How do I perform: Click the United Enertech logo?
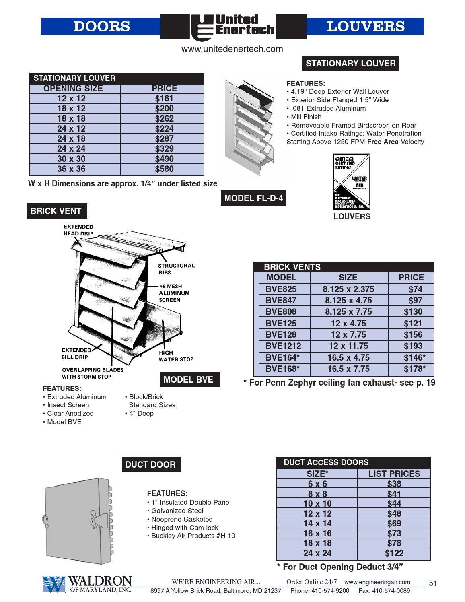coord(233,27)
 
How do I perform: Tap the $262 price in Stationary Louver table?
coord(164,119)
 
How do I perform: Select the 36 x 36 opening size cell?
coord(71,169)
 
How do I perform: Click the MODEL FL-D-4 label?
coord(253,198)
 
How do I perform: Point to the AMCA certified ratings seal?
coord(351,182)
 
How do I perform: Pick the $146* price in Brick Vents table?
coord(414,357)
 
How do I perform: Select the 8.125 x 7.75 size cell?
coord(348,312)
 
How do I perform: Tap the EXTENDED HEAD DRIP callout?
coord(78,230)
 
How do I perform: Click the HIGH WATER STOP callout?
coord(176,356)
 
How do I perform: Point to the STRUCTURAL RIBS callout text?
coord(176,269)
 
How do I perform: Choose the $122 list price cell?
coord(394,553)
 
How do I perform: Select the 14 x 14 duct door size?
coord(317,524)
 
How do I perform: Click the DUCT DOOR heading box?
coord(150,465)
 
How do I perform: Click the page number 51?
coord(433,583)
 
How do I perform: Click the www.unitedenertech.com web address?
coord(232,49)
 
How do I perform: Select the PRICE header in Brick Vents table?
coord(411,278)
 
